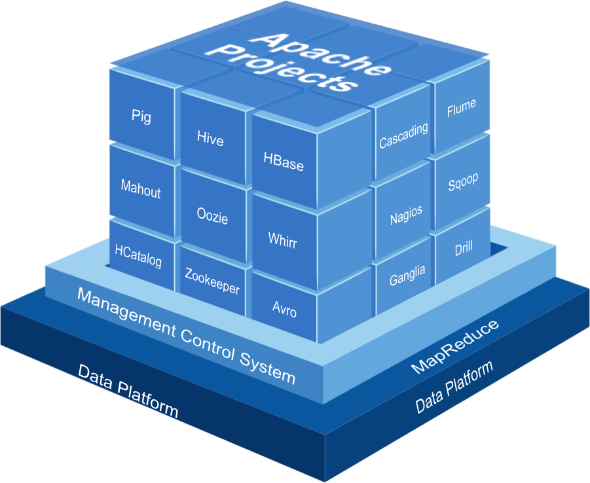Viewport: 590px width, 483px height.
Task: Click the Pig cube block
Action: (x=141, y=116)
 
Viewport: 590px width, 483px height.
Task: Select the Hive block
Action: (x=210, y=139)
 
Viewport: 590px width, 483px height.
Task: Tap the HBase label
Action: (x=284, y=162)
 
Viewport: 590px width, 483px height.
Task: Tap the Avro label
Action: (x=284, y=308)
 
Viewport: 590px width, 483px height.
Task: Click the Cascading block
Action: (x=403, y=135)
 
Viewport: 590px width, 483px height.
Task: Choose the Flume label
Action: (x=461, y=108)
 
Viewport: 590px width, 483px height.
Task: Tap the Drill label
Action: (x=464, y=249)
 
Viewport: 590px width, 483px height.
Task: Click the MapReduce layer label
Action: (x=454, y=346)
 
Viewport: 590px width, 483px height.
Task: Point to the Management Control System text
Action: (x=186, y=334)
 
